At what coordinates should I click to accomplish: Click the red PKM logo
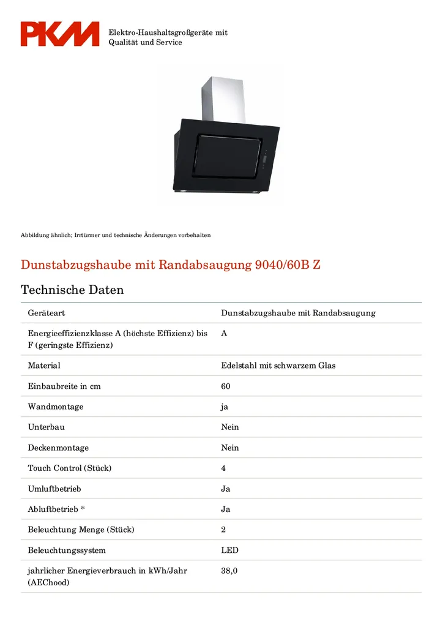[x=59, y=34]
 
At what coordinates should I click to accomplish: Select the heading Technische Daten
[x=72, y=290]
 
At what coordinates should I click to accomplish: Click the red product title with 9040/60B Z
[x=171, y=265]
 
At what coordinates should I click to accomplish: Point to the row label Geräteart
[x=47, y=313]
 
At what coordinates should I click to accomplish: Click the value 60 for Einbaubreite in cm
[x=226, y=386]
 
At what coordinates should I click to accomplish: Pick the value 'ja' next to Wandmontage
[x=225, y=407]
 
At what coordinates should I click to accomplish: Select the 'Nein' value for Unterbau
[x=230, y=427]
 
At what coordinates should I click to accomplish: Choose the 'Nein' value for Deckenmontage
[x=230, y=448]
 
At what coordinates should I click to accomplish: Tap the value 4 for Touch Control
[x=223, y=468]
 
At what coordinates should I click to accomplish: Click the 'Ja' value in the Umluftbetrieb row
[x=226, y=489]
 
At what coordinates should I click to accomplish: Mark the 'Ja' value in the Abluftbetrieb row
[x=226, y=509]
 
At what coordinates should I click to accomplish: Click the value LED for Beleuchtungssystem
[x=229, y=550]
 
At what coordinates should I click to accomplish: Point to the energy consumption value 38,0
[x=229, y=571]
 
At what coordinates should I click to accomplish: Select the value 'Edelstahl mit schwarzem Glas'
[x=278, y=366]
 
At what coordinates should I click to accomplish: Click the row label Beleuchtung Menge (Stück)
[x=81, y=530]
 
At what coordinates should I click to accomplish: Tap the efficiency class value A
[x=224, y=334]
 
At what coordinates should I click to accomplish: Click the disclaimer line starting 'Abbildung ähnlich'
[x=116, y=235]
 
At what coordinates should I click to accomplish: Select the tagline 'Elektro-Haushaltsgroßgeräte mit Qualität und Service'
[x=168, y=37]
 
